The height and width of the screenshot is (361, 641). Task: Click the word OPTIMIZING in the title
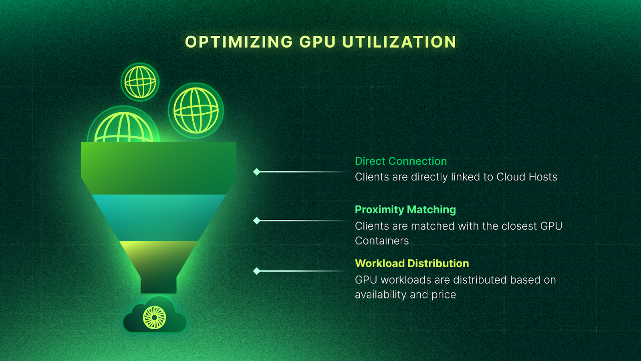click(x=239, y=42)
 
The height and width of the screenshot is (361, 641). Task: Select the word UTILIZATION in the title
click(x=399, y=42)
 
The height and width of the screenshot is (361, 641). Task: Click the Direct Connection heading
click(x=401, y=161)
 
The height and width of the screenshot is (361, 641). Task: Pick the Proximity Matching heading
click(x=405, y=210)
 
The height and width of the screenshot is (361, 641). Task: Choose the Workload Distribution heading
click(x=412, y=264)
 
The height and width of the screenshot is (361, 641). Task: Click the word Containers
click(x=382, y=241)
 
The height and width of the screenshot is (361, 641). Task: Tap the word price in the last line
click(x=443, y=295)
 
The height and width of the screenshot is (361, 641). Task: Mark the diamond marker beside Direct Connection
click(x=257, y=172)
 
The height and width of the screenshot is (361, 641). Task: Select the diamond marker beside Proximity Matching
click(x=257, y=221)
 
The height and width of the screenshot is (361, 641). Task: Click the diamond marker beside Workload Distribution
click(x=257, y=271)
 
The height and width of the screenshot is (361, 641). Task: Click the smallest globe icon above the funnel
click(x=140, y=82)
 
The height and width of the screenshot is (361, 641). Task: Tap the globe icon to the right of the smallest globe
click(x=196, y=110)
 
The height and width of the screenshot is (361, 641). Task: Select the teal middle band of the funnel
click(x=158, y=217)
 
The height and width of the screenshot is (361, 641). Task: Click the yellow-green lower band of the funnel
click(x=158, y=257)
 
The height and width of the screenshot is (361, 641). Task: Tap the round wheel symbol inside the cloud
click(x=154, y=317)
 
